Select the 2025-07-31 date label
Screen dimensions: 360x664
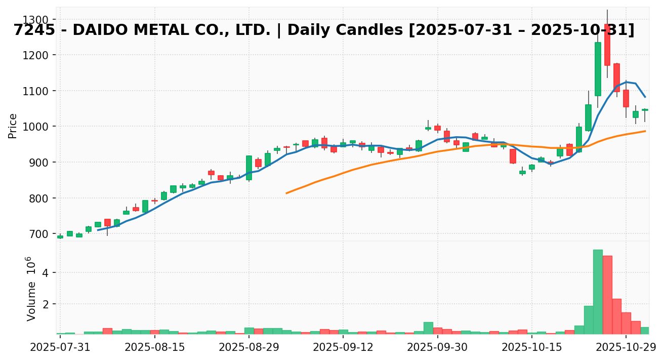point(60,348)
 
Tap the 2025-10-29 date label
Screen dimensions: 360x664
point(626,348)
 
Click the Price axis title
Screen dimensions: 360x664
point(13,126)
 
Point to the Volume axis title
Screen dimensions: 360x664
point(31,289)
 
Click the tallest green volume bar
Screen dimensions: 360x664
point(598,292)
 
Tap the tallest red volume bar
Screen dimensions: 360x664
point(607,295)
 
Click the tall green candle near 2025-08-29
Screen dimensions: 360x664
point(249,168)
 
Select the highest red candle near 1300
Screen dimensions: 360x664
point(607,45)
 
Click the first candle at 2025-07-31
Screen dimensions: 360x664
point(60,236)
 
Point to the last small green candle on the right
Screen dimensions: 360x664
point(645,109)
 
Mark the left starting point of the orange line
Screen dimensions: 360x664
point(286,193)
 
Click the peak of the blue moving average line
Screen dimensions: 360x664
point(626,82)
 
